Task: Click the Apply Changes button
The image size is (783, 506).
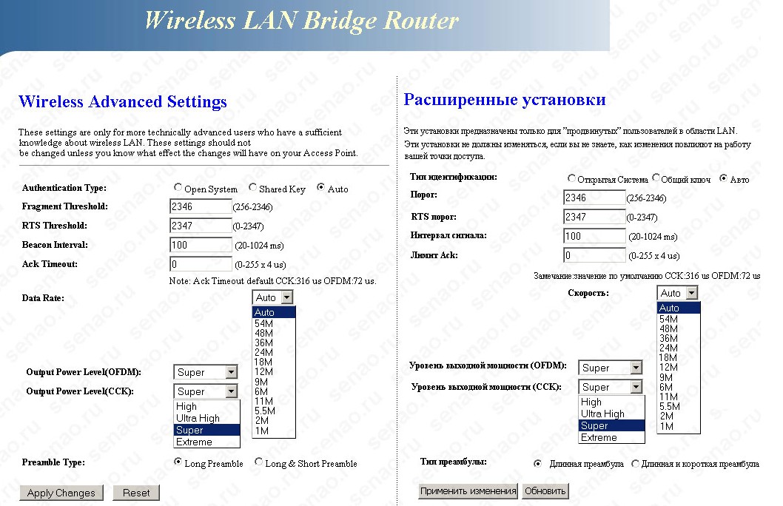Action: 61,493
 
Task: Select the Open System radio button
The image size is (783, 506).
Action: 178,188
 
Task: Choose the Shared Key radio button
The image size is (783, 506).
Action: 253,188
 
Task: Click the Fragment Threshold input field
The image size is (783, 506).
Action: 201,206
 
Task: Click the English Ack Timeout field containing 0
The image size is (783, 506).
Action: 201,264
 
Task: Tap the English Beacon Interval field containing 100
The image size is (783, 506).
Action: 201,245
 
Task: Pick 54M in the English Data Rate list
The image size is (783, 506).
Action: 264,323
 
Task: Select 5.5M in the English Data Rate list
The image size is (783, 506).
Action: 264,411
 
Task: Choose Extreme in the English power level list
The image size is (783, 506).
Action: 194,442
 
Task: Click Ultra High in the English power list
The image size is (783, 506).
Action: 198,418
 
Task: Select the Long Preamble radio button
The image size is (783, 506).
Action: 178,462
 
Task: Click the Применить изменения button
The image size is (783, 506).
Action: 468,490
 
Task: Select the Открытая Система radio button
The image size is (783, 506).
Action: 571,179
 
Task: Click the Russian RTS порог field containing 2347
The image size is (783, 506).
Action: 594,217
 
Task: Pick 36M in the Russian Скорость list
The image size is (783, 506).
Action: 668,338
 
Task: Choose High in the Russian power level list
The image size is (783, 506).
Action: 591,402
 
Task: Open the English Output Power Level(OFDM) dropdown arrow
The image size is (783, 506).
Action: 231,372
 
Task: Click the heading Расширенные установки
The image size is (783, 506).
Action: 505,100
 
